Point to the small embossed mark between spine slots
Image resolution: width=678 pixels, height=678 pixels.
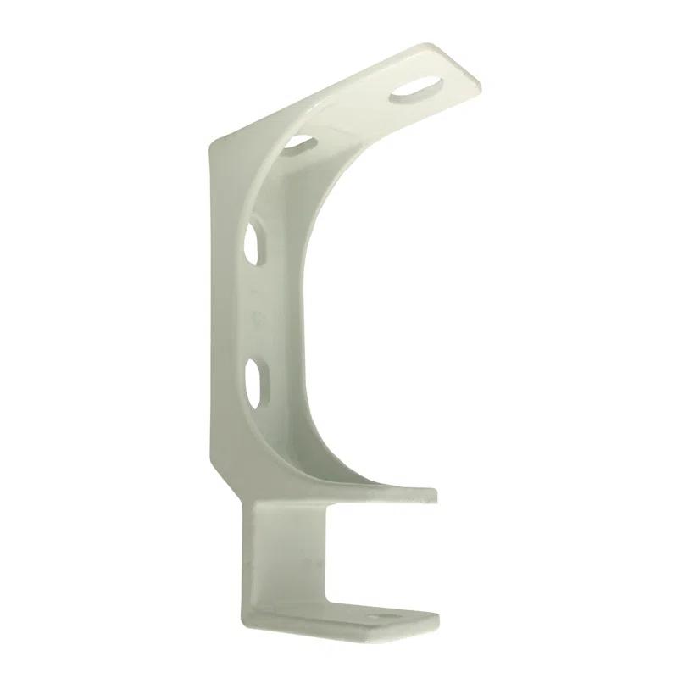point(258,315)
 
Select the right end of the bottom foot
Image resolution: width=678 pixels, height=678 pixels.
point(436,620)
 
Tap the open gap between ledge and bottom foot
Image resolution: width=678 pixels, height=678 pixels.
point(373,551)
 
